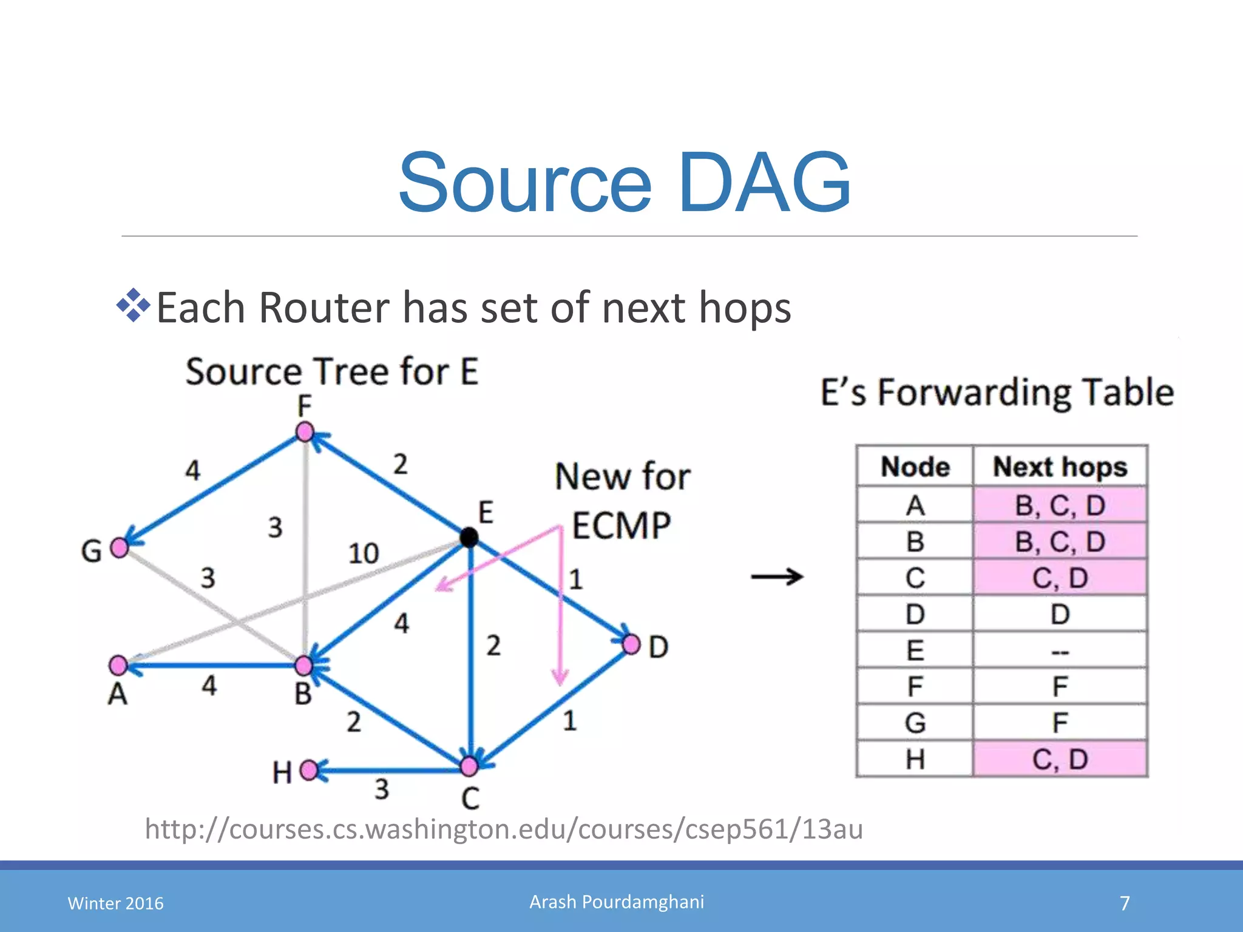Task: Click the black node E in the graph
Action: pyautogui.click(x=469, y=537)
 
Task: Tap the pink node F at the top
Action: pyautogui.click(x=305, y=433)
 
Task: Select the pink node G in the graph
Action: pyautogui.click(x=120, y=547)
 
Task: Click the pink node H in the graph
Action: pyautogui.click(x=309, y=770)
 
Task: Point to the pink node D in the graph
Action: pyautogui.click(x=631, y=644)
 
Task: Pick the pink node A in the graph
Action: pyautogui.click(x=118, y=665)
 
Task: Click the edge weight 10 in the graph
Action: pyautogui.click(x=364, y=553)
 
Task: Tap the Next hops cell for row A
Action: pyautogui.click(x=1060, y=505)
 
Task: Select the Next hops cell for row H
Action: pyautogui.click(x=1060, y=759)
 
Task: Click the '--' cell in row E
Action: pyautogui.click(x=1060, y=651)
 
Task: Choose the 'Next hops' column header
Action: pyautogui.click(x=1060, y=467)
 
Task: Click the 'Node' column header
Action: pyautogui.click(x=915, y=467)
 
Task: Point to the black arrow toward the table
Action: pyautogui.click(x=777, y=576)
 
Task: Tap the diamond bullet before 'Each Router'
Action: pyautogui.click(x=133, y=306)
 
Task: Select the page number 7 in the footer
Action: pyautogui.click(x=1125, y=903)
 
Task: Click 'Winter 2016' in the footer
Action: pyautogui.click(x=115, y=903)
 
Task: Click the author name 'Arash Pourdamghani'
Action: pyautogui.click(x=617, y=902)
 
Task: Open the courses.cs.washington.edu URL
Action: pyautogui.click(x=504, y=829)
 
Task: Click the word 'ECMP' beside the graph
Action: pyautogui.click(x=621, y=525)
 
